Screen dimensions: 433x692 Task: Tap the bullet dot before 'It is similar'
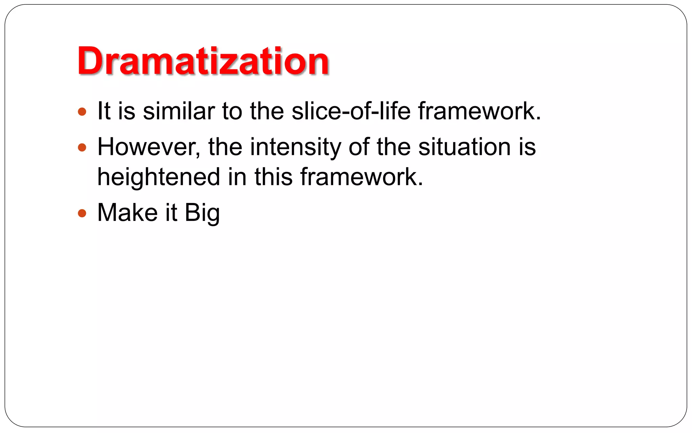[82, 112]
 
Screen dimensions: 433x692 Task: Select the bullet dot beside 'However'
[82, 147]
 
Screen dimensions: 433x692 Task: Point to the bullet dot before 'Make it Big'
[82, 213]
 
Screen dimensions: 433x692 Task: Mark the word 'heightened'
[158, 177]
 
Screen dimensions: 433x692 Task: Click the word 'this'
[273, 177]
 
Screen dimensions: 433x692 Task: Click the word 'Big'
[202, 213]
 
